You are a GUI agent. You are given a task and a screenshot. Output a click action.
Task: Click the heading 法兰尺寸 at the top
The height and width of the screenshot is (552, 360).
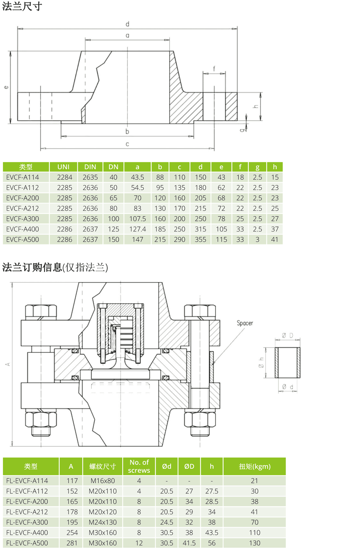pyautogui.click(x=22, y=6)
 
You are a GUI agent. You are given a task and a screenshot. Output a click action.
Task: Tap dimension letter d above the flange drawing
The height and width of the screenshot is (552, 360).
pyautogui.click(x=127, y=24)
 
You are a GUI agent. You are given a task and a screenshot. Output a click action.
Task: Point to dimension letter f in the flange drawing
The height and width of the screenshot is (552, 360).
pyautogui.click(x=214, y=68)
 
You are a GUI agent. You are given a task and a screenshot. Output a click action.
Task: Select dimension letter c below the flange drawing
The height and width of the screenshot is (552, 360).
pyautogui.click(x=127, y=144)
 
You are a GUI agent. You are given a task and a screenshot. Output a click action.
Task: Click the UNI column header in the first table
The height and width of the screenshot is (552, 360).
pyautogui.click(x=63, y=167)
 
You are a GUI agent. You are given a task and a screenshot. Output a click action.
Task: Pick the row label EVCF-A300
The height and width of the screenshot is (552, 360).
pyautogui.click(x=23, y=219)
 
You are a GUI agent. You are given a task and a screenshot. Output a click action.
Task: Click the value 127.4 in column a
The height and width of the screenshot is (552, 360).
pyautogui.click(x=138, y=229)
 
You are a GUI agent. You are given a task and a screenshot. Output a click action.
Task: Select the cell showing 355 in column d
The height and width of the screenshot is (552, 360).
pyautogui.click(x=201, y=239)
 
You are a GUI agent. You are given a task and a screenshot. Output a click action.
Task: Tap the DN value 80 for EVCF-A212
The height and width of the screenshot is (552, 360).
pyautogui.click(x=113, y=208)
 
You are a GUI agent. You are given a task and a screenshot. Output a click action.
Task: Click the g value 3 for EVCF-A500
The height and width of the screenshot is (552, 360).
pyautogui.click(x=257, y=239)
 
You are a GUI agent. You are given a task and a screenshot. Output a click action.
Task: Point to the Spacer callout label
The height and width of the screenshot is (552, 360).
pyautogui.click(x=245, y=323)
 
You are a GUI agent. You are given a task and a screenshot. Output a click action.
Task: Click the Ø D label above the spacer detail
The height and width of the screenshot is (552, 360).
pyautogui.click(x=287, y=336)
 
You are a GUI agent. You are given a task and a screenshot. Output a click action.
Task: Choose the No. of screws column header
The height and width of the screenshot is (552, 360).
pyautogui.click(x=139, y=466)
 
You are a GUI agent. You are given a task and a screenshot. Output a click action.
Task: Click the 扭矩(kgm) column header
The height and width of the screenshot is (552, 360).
pyautogui.click(x=255, y=466)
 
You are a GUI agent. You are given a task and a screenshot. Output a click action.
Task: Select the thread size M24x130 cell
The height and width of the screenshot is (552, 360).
pyautogui.click(x=103, y=522)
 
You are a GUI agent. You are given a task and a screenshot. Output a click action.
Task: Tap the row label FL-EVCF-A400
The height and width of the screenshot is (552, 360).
pyautogui.click(x=27, y=533)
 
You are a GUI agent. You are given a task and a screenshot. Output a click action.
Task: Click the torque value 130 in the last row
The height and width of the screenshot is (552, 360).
pyautogui.click(x=255, y=543)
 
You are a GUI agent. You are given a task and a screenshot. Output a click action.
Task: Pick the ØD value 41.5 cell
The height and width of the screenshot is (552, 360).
pyautogui.click(x=189, y=543)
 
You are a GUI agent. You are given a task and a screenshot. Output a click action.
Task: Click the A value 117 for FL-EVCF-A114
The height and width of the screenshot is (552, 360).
pyautogui.click(x=72, y=481)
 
